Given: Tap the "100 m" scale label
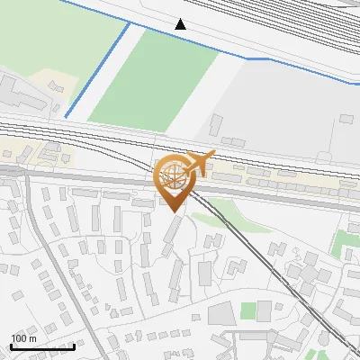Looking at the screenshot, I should (23, 338).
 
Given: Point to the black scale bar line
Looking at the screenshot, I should (41, 346).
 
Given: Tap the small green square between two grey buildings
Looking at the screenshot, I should (248, 310).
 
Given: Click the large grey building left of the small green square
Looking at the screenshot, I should (222, 314).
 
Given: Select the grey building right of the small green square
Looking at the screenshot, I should (265, 311).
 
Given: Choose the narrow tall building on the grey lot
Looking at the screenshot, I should (217, 125).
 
